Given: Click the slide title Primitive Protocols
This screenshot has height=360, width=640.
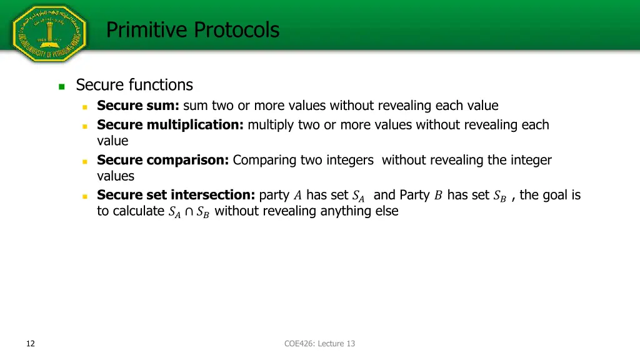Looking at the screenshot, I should tap(192, 29).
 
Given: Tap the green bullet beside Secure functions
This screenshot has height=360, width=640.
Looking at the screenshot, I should tap(61, 87).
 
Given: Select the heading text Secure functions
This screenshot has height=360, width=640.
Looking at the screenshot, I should tap(134, 84).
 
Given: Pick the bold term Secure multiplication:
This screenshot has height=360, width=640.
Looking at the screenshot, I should tap(170, 124).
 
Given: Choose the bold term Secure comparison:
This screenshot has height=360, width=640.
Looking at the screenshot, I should tap(163, 160).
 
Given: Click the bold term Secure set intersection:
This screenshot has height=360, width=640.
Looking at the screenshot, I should tap(176, 195).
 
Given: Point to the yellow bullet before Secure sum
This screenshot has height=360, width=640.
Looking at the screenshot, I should tap(84, 107).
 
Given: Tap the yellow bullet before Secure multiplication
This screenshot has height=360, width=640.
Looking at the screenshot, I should tap(84, 126).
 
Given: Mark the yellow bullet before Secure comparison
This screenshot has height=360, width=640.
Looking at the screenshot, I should tap(84, 161).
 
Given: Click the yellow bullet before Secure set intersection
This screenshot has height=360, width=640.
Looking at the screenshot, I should tap(84, 196).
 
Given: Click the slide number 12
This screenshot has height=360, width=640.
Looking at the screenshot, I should tap(31, 343).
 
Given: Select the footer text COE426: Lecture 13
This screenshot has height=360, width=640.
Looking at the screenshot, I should tap(319, 343).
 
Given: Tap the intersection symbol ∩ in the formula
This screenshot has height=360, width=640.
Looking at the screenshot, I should tap(189, 212).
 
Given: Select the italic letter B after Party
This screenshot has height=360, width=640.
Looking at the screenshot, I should tap(438, 196).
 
